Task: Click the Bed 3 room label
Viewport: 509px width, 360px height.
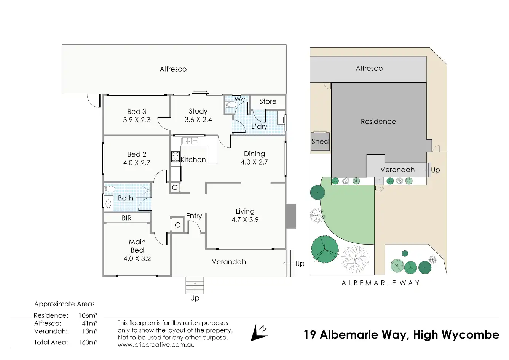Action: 137,112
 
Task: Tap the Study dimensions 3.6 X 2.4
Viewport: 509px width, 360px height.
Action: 198,120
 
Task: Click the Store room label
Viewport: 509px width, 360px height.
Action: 268,101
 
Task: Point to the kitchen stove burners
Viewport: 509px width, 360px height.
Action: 176,157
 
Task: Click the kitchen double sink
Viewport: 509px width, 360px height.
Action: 190,141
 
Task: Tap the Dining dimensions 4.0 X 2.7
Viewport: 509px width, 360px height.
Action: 254,162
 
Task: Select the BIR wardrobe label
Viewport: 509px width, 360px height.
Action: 126,218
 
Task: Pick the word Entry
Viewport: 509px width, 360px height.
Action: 194,216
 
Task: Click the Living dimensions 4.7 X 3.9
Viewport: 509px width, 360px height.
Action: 245,219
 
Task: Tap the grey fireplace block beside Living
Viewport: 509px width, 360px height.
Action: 290,216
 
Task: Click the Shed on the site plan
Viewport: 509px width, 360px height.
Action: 320,141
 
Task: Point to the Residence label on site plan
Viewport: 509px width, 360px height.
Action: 378,122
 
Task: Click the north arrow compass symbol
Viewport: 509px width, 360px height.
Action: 259,332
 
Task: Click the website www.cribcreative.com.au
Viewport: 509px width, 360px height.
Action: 156,344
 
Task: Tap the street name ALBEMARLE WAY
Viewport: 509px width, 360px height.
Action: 380,283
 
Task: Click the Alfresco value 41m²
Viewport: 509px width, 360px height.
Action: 90,323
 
